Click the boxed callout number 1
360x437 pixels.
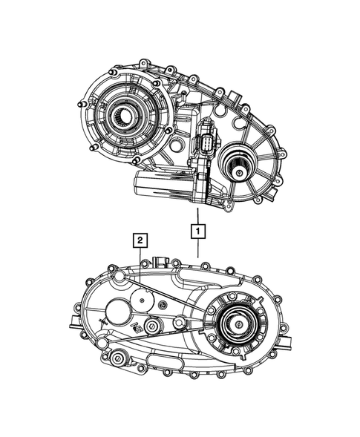[x=197, y=231]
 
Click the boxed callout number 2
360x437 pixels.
[x=139, y=240]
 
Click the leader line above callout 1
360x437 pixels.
[x=197, y=212]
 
